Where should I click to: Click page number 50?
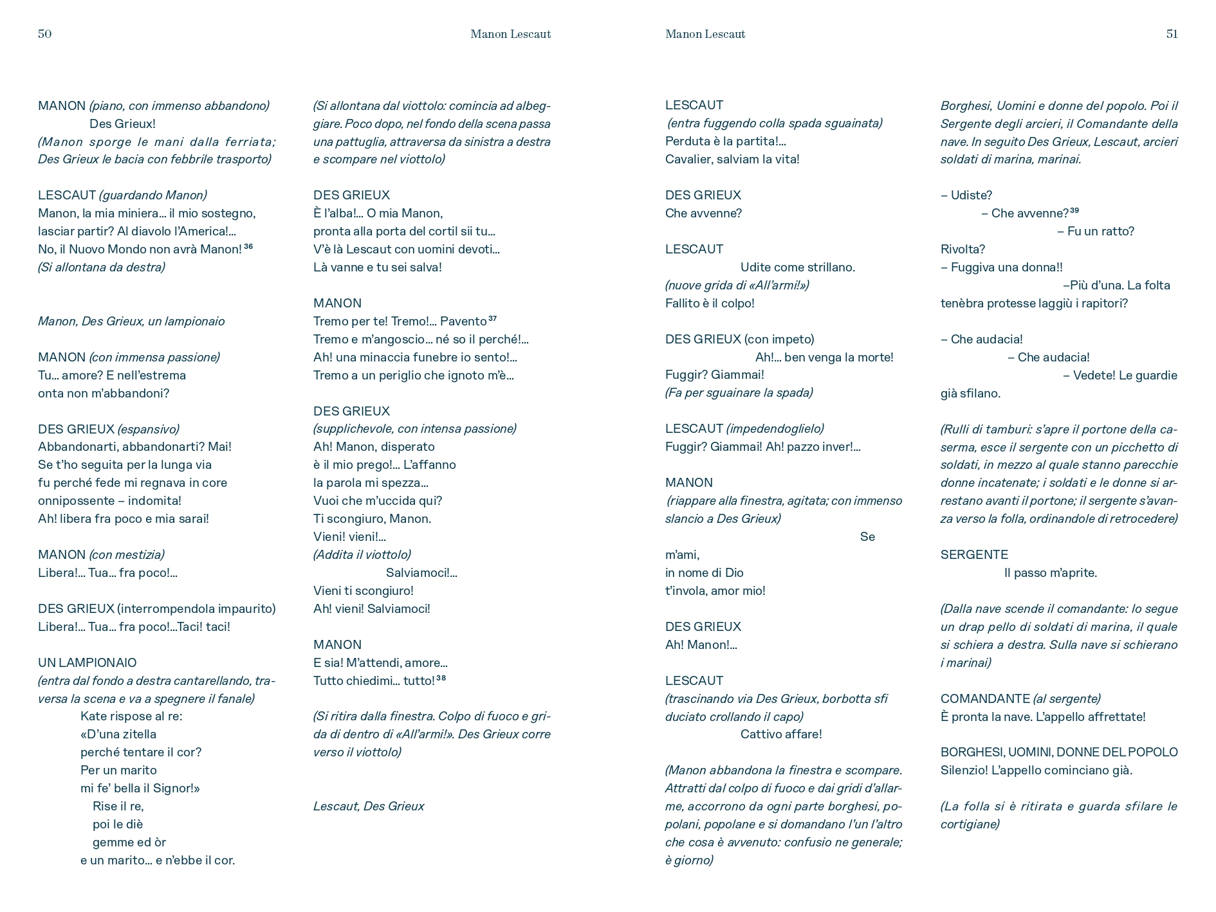(x=44, y=34)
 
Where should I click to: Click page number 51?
(x=1172, y=34)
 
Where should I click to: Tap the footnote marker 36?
(x=248, y=246)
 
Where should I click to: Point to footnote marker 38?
(x=441, y=678)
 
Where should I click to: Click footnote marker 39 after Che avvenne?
(x=1074, y=210)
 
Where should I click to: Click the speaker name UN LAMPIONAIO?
(x=88, y=662)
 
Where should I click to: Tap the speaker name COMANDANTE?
(x=985, y=698)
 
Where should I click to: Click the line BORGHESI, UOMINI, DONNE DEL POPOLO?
(x=1059, y=752)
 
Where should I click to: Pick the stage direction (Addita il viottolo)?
(x=362, y=554)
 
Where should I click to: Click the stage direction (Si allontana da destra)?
(x=102, y=267)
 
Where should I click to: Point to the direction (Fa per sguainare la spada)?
(x=739, y=392)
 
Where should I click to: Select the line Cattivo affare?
(x=780, y=734)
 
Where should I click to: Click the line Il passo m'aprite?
(x=1050, y=572)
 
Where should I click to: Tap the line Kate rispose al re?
(x=131, y=716)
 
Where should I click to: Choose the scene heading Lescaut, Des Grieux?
(x=369, y=806)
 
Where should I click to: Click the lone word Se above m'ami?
(x=867, y=536)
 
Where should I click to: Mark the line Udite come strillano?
(x=797, y=267)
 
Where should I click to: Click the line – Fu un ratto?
(x=1096, y=231)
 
